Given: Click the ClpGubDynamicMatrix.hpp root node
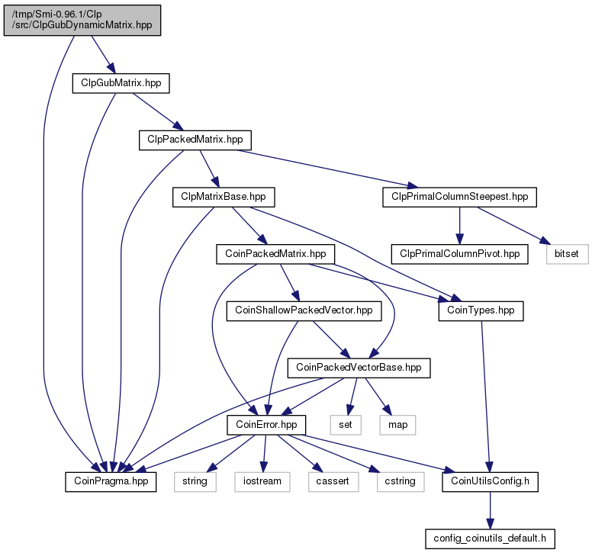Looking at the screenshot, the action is tap(82, 21).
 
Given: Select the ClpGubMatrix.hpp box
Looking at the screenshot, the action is tap(121, 83).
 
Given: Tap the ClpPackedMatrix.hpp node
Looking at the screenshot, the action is tap(195, 140).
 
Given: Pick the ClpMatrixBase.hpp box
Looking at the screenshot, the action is tap(224, 197).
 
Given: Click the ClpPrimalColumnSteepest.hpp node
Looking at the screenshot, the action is tap(459, 197).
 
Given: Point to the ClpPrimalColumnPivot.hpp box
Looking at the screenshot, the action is tap(459, 254).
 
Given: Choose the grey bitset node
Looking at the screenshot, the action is tap(567, 254).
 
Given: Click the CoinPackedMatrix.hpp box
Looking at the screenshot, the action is tap(275, 254).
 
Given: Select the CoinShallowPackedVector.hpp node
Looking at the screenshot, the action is tap(304, 311).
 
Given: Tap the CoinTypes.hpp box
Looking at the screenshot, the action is tap(481, 311).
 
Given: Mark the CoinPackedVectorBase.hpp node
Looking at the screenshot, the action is tap(359, 368).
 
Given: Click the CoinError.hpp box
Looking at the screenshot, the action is tap(266, 425).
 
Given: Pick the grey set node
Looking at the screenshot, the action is tap(346, 425).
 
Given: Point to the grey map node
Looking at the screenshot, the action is tap(398, 425).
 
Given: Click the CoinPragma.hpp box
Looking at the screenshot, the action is tap(111, 481).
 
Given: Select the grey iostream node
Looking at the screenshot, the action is tap(262, 481).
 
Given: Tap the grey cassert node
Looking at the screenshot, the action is tap(333, 481).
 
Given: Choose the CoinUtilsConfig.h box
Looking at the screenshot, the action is tap(490, 481).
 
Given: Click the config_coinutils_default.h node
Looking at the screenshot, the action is tap(490, 539).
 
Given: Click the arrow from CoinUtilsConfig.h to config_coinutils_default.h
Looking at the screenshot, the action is tap(490, 510).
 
